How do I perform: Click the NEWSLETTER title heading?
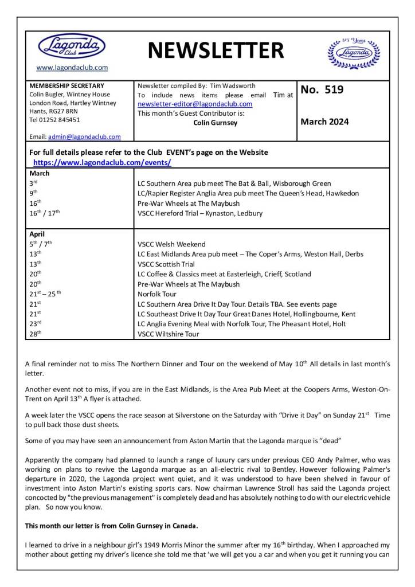pyautogui.click(x=216, y=50)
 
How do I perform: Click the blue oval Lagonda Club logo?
pyautogui.click(x=72, y=46)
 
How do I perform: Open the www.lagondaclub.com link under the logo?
pyautogui.click(x=72, y=68)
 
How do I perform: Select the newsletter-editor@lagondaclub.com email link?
pyautogui.click(x=195, y=104)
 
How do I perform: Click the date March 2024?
pyautogui.click(x=324, y=122)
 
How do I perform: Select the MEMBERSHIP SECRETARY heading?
pyautogui.click(x=66, y=85)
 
